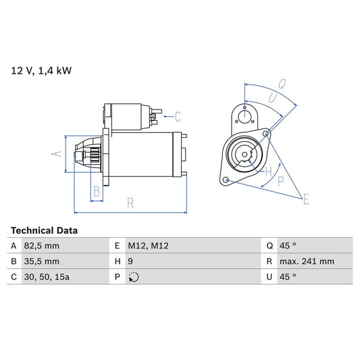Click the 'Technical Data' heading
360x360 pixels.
click(x=44, y=230)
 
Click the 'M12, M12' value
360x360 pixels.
click(x=149, y=246)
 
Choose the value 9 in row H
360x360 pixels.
click(x=130, y=261)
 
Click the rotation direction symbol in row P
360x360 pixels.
click(x=134, y=277)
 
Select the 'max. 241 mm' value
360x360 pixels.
click(x=308, y=261)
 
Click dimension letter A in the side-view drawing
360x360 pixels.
click(x=57, y=154)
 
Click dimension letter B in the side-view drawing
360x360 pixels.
click(x=97, y=192)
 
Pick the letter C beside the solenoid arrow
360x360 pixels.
click(x=178, y=115)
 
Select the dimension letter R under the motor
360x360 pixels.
click(x=130, y=202)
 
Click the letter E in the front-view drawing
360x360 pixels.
click(x=306, y=199)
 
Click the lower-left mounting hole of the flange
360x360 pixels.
click(x=226, y=180)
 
